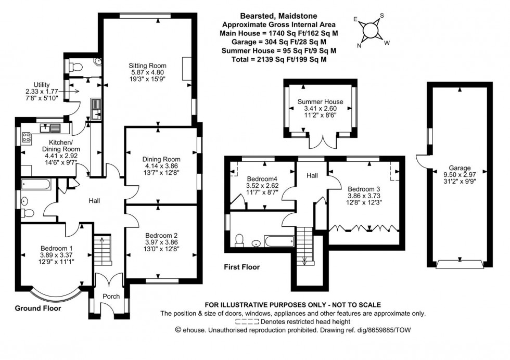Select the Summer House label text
tap(320, 101)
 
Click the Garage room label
tap(460, 168)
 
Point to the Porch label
tap(111, 297)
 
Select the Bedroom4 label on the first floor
tap(259, 177)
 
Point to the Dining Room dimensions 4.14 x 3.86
tap(161, 166)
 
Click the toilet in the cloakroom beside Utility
tap(75, 67)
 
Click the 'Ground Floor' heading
tap(38, 308)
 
